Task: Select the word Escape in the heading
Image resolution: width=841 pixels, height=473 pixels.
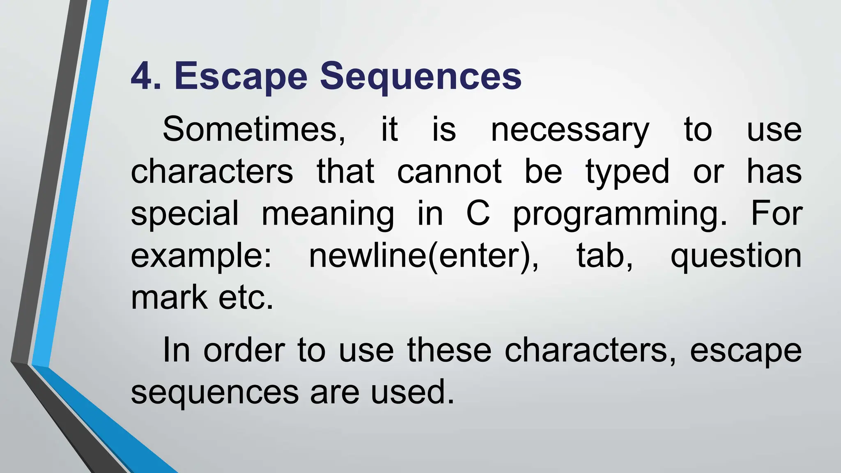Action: click(x=241, y=76)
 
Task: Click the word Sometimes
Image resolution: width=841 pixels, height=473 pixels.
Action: click(x=254, y=130)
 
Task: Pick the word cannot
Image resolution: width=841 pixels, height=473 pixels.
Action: click(x=449, y=171)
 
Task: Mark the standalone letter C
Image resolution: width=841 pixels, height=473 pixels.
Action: click(x=478, y=214)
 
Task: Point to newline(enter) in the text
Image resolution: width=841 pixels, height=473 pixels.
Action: click(x=423, y=255)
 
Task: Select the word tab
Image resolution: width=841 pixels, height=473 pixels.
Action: click(x=604, y=255)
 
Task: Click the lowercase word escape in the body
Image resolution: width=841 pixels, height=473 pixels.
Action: click(x=745, y=351)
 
